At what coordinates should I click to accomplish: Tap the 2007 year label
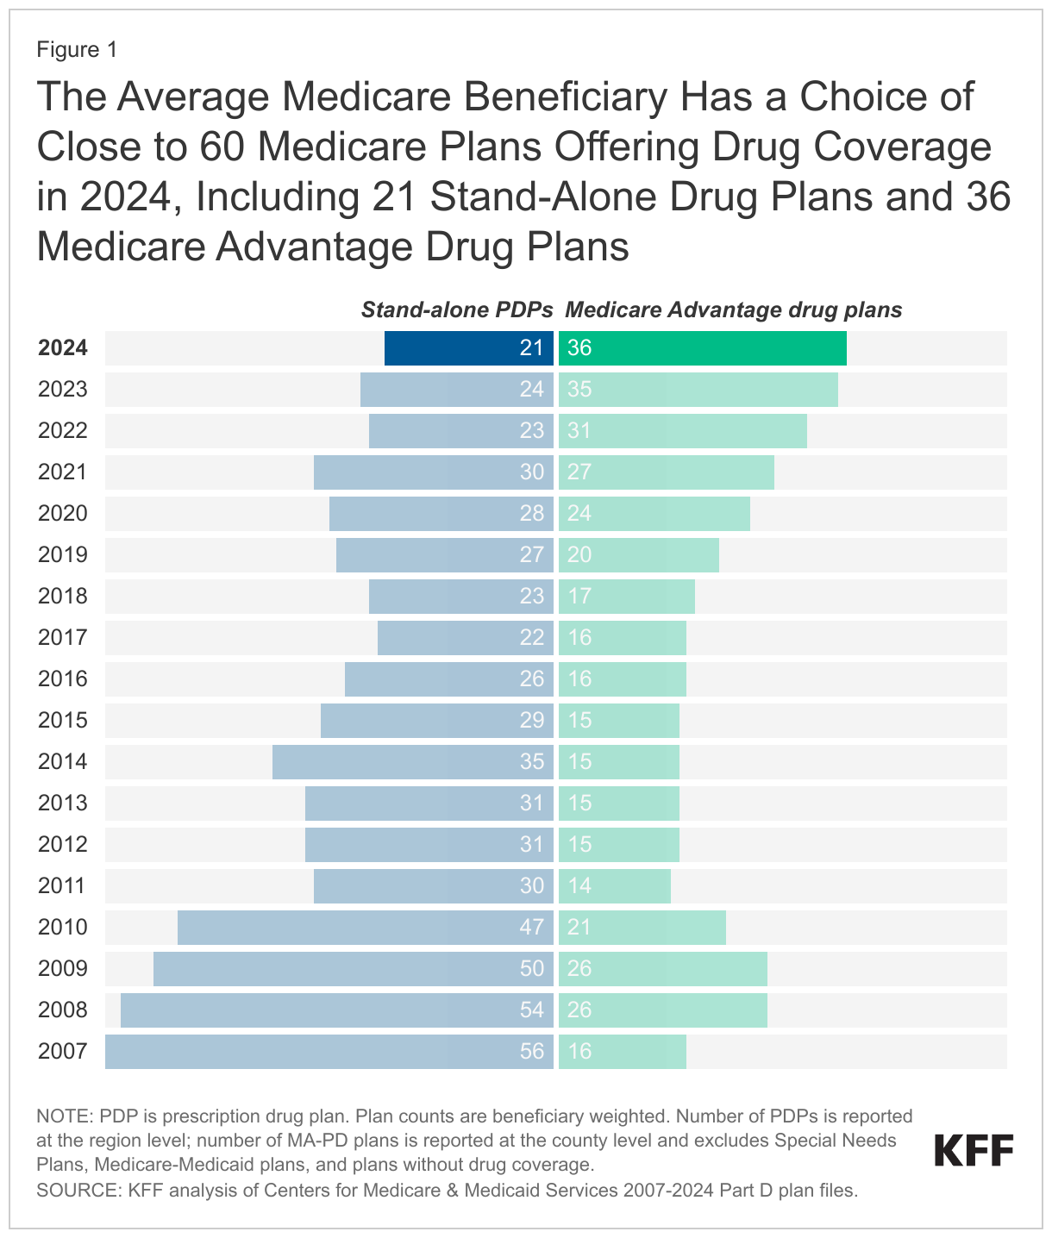pos(63,1051)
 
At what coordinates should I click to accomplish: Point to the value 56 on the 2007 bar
pos(532,1051)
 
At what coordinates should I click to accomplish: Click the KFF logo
pos(974,1150)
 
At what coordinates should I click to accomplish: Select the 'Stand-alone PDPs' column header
pos(456,309)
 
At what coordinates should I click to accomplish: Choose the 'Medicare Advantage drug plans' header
pos(733,309)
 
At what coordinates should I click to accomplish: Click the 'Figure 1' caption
pos(77,50)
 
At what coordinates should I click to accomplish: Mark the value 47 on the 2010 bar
pos(532,927)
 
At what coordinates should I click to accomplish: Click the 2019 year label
pos(63,554)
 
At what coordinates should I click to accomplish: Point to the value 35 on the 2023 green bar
pos(579,389)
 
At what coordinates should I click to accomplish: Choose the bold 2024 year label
pos(63,347)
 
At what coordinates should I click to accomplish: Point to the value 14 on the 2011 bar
pos(579,885)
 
